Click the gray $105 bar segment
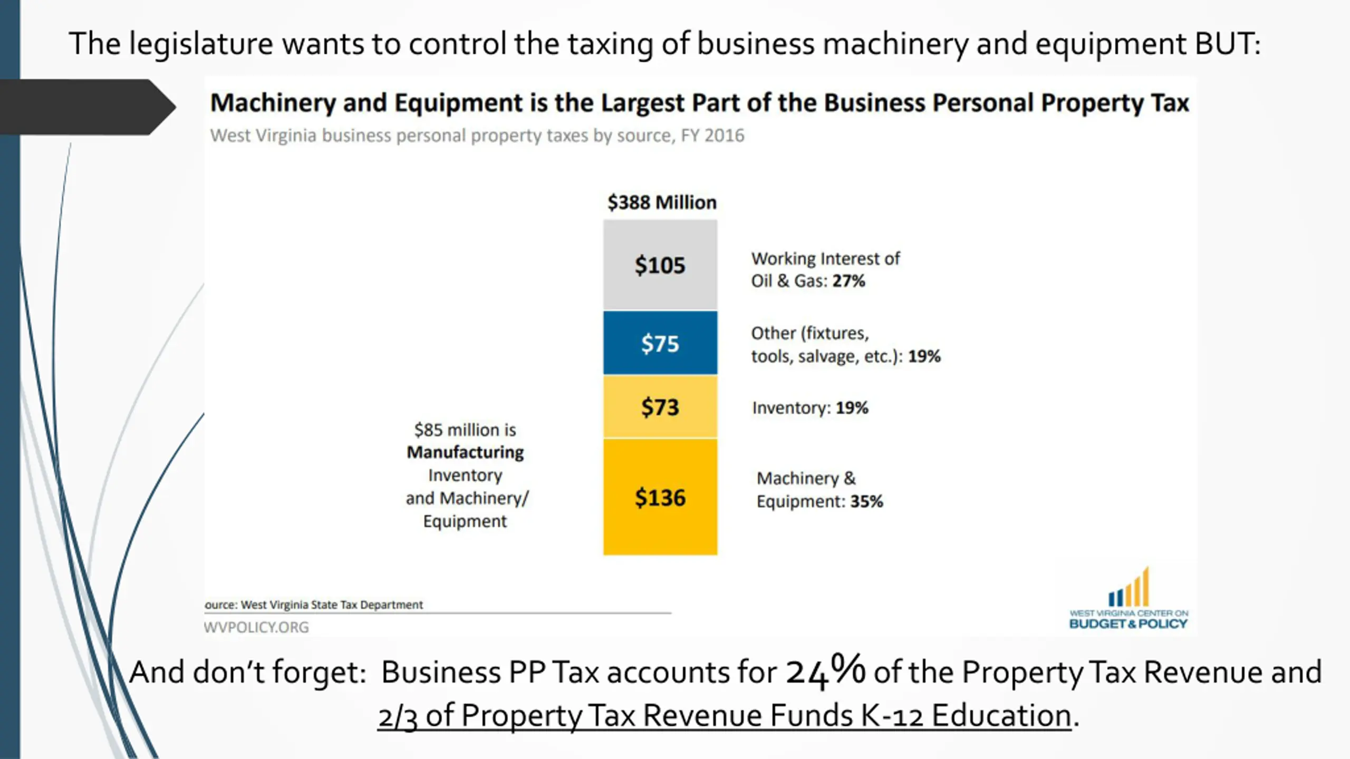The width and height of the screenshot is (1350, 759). point(660,265)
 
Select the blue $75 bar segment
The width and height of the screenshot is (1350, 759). point(660,343)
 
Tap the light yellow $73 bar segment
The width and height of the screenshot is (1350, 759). point(660,407)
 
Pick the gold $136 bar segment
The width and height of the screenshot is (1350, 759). point(660,497)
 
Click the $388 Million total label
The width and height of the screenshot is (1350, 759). point(662,202)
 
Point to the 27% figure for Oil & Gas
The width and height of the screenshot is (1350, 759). point(848,281)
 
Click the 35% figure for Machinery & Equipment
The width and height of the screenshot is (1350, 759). point(866,501)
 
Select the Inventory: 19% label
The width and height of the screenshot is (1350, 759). point(810,408)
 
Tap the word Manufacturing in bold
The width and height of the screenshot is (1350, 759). point(465,452)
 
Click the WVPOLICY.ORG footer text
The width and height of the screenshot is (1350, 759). point(256,627)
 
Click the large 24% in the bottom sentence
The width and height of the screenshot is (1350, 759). point(825,671)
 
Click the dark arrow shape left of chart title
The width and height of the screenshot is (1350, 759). point(87,107)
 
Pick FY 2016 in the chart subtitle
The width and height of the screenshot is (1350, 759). point(712,135)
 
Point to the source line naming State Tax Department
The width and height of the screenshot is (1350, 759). point(314,605)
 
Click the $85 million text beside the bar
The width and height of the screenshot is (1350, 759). point(465,430)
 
